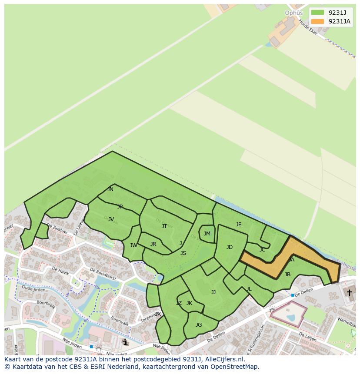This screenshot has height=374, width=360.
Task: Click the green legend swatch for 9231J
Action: click(317, 12)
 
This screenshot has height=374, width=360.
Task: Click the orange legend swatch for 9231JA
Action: click(317, 21)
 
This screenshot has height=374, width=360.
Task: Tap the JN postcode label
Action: click(110, 189)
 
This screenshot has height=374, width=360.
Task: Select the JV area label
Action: click(111, 219)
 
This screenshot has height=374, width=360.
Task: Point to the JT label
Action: click(164, 226)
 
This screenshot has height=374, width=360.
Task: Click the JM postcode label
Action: click(207, 234)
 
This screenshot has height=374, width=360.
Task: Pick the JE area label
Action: click(239, 225)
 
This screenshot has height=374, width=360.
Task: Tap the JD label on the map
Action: click(230, 247)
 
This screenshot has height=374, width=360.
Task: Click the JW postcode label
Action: click(133, 245)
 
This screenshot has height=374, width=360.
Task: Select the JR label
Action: click(153, 244)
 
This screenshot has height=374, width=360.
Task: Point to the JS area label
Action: click(183, 253)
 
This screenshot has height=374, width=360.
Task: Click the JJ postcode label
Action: click(213, 292)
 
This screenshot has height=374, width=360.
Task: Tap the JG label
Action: click(199, 325)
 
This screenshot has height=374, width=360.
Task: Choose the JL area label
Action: click(249, 289)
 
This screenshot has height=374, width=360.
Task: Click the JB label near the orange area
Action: click(287, 275)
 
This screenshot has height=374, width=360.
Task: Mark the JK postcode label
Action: click(189, 303)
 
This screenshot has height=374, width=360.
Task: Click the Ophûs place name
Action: click(293, 13)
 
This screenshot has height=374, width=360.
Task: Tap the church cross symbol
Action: click(349, 293)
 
